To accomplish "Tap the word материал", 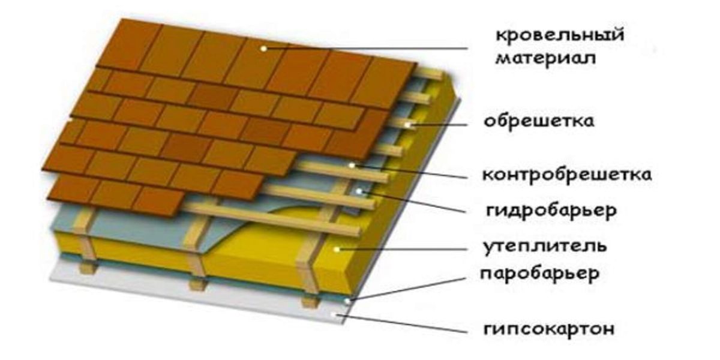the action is click(x=545, y=59).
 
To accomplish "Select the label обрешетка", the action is click(x=539, y=121).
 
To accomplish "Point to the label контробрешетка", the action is click(x=567, y=175).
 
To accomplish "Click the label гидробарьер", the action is click(x=551, y=211).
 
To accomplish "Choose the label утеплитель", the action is click(x=545, y=247).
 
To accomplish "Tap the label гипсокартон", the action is click(x=548, y=329).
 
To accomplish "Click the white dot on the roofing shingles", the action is click(x=263, y=49).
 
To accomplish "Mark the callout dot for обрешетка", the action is click(x=408, y=125).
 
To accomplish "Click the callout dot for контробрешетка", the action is click(x=352, y=166).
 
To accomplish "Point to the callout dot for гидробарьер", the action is click(x=359, y=191).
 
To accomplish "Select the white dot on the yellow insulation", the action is click(x=337, y=249).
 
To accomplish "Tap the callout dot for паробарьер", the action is click(x=347, y=301).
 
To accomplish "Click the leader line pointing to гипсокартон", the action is click(x=402, y=324).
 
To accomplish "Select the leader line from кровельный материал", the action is click(x=366, y=49).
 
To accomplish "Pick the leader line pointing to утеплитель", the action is click(x=402, y=249).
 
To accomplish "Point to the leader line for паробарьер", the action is click(x=407, y=289).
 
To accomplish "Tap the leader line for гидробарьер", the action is click(x=413, y=202).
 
